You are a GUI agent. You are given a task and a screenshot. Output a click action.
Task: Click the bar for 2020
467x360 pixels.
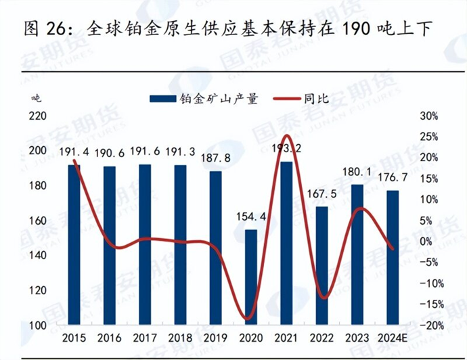coord(250,277)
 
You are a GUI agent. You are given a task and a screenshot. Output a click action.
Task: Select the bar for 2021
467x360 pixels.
coord(286,244)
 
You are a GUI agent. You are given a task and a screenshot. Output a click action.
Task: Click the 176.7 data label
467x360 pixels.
coord(393,177)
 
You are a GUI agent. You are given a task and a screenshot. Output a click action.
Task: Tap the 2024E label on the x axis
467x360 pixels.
coord(393,338)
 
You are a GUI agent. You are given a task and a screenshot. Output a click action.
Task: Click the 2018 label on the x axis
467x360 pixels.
coord(179,338)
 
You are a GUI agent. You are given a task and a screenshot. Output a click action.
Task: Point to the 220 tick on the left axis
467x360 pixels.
coord(37,116)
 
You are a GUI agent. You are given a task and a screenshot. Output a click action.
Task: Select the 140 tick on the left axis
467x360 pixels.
coord(37,256)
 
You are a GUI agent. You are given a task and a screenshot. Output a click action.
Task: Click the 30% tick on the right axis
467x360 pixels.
coord(430,116)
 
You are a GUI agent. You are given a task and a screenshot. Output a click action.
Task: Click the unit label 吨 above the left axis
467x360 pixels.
coord(35,97)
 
